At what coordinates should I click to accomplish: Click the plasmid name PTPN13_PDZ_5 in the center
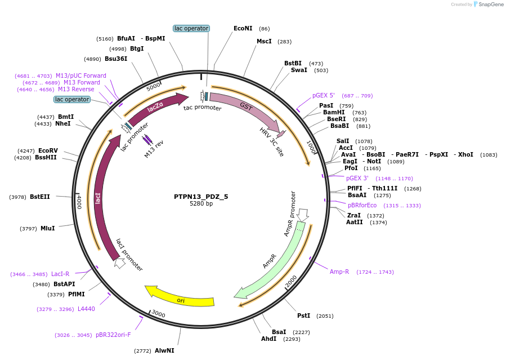pos(201,197)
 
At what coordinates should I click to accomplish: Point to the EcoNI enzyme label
pos(243,28)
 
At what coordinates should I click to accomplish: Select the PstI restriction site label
pos(304,316)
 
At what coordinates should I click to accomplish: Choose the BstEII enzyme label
pos(40,197)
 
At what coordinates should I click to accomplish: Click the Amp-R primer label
pos(339,272)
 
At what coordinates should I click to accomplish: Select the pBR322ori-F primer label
pos(113,335)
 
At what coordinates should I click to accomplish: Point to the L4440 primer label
pos(86,309)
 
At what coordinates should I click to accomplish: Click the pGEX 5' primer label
pos(324,96)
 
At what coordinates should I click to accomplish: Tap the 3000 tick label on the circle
pos(158,314)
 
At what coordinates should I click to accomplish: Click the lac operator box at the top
pos(191,28)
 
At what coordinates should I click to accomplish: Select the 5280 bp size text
pos(201,204)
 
